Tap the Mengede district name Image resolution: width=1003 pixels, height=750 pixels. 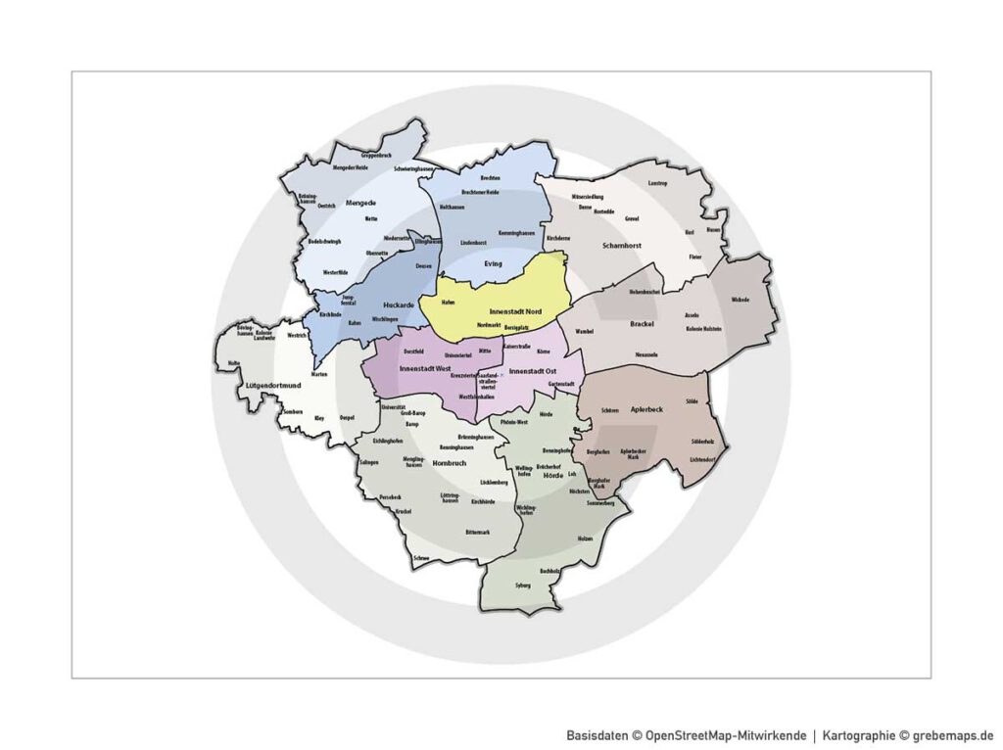(334, 203)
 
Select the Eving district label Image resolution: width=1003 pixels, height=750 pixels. (493, 263)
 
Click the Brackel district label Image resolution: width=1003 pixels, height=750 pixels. (643, 322)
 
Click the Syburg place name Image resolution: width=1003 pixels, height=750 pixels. (522, 586)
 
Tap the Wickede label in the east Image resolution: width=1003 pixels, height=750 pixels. (740, 300)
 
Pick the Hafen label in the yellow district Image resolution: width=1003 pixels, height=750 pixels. (448, 303)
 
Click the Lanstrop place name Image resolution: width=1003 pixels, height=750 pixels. (656, 183)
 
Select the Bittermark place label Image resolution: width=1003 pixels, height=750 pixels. (478, 532)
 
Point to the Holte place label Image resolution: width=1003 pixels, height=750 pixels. (233, 363)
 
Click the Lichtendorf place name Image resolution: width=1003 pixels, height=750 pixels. (702, 458)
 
